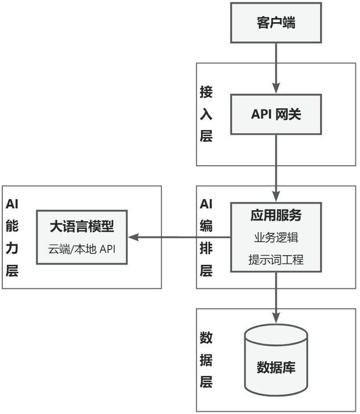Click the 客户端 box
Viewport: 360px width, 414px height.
[276, 23]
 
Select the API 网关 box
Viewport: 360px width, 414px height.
[276, 115]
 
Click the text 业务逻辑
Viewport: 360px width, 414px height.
[276, 238]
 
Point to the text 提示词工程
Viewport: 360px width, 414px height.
[276, 259]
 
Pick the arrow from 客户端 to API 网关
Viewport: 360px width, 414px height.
[276, 68]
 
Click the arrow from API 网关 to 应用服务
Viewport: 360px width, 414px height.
[276, 168]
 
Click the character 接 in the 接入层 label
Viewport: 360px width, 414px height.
[207, 92]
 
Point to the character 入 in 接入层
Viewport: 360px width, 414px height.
[207, 114]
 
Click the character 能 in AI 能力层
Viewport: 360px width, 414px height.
[12, 226]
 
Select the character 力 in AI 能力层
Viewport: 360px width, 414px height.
[12, 248]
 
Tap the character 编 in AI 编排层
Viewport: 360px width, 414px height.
[207, 226]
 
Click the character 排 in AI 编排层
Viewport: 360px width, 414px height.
[207, 248]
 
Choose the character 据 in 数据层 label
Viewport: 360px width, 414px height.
[207, 360]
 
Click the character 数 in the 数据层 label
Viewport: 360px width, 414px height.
[207, 338]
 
